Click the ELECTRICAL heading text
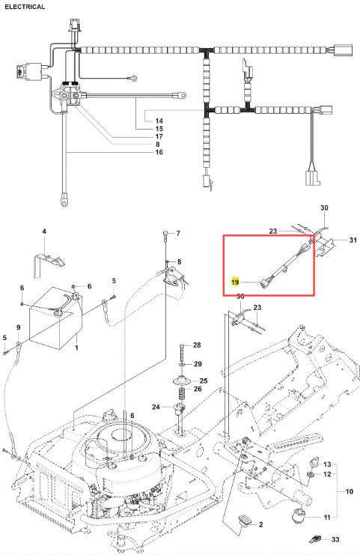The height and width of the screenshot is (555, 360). (x=25, y=7)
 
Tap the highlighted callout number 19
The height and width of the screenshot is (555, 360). (x=235, y=282)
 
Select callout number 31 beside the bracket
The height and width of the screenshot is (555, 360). (x=353, y=240)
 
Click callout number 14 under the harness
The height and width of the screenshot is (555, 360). (x=159, y=121)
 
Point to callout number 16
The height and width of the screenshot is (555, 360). (x=159, y=152)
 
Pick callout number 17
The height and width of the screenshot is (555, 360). (x=159, y=136)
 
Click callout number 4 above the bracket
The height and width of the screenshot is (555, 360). (x=44, y=231)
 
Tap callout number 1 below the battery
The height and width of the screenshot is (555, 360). (x=76, y=348)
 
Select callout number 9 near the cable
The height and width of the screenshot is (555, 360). (x=19, y=327)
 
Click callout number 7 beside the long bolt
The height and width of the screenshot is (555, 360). (x=178, y=233)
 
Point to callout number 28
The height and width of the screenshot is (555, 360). (x=197, y=345)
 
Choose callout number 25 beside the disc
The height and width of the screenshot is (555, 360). (x=204, y=380)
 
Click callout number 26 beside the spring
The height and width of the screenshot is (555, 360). (x=198, y=389)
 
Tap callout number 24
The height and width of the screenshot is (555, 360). (x=156, y=407)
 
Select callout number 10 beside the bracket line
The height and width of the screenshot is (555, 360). (x=349, y=491)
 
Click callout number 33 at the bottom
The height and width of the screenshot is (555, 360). (x=335, y=539)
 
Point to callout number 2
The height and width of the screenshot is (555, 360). (x=260, y=524)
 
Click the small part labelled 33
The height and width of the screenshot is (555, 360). (x=314, y=539)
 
